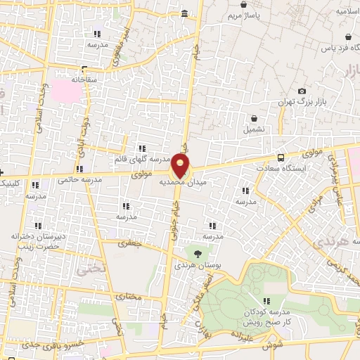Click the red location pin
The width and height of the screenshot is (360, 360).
pos(181,166)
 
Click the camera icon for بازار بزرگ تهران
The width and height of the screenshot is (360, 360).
pos(302,91)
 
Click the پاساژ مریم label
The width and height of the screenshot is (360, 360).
pos(247,14)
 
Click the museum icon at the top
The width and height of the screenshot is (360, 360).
pos(184,14)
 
